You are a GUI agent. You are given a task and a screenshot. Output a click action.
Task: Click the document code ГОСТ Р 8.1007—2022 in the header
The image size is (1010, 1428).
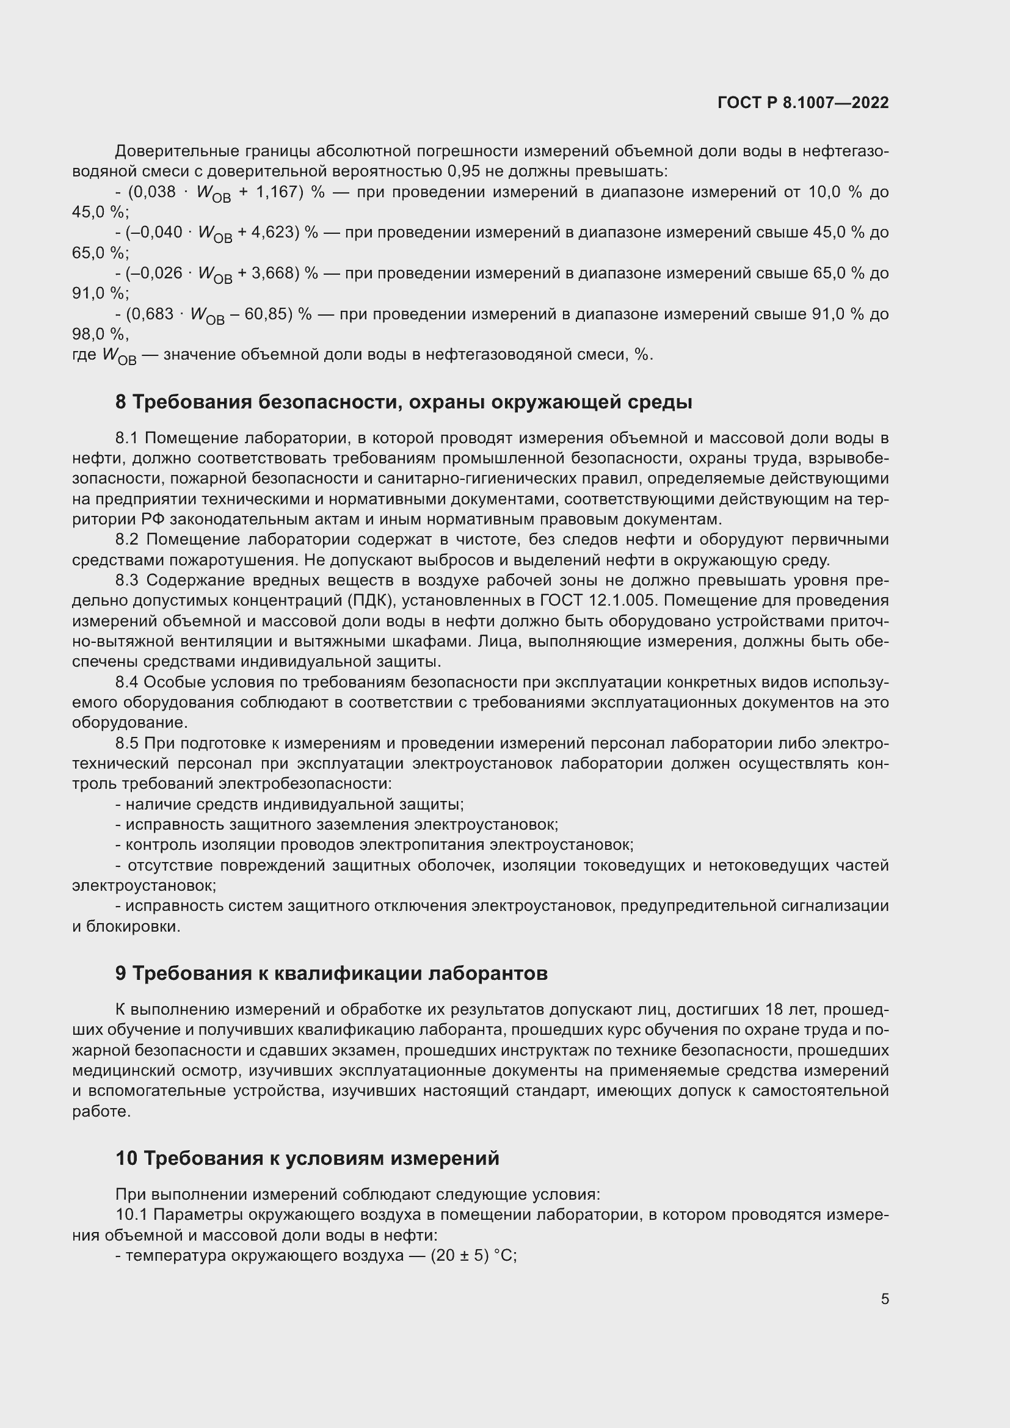pyautogui.click(x=803, y=103)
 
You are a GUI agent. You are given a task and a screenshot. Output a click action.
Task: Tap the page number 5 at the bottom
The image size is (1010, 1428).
pyautogui.click(x=884, y=1299)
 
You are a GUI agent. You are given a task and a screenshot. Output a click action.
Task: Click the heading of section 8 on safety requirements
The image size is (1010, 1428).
pyautogui.click(x=404, y=402)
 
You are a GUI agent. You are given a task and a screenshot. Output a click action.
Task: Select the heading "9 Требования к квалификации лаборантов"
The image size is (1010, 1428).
pyautogui.click(x=332, y=973)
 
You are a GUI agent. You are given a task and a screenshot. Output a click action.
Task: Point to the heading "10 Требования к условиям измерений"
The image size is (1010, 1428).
pyautogui.click(x=307, y=1158)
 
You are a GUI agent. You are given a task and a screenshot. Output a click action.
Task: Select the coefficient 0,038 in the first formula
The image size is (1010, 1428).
pyautogui.click(x=152, y=192)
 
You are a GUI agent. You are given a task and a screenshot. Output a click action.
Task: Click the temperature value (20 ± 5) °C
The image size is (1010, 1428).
pyautogui.click(x=473, y=1255)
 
